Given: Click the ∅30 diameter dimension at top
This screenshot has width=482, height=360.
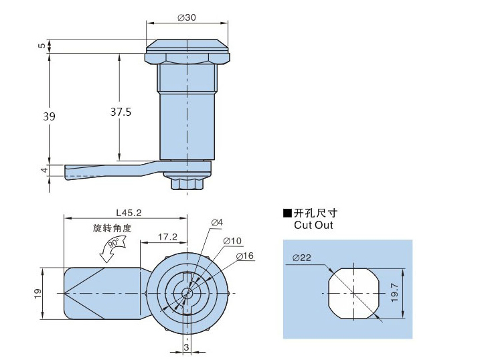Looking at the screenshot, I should click(187, 17).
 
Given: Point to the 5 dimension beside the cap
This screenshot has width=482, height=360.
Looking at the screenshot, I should click(41, 46).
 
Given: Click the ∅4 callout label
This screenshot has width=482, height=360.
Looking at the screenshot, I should click(216, 222).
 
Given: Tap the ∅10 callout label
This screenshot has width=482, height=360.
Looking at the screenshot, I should click(232, 240).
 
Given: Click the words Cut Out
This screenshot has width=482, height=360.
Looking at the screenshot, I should click(313, 226).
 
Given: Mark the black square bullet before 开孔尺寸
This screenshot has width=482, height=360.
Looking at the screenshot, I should click(287, 213).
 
